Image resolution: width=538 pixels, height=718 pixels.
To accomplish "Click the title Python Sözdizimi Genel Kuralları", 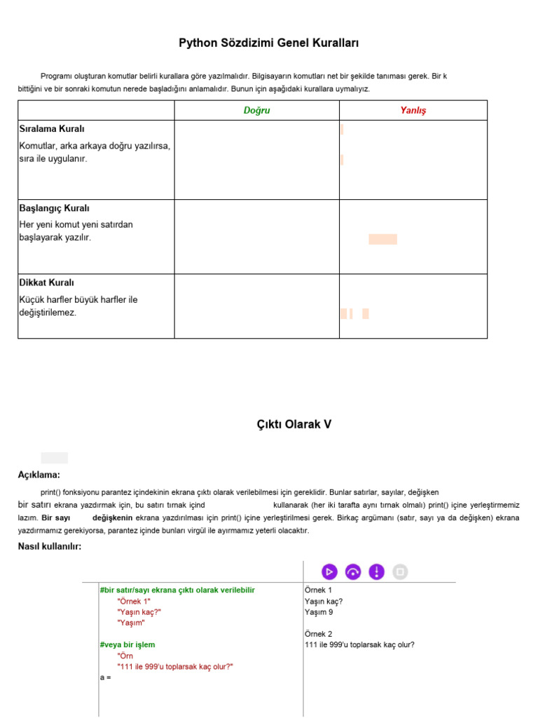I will (x=269, y=43).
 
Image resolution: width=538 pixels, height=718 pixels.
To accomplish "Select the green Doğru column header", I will (x=256, y=111).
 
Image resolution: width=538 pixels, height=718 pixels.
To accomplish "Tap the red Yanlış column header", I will (x=413, y=111).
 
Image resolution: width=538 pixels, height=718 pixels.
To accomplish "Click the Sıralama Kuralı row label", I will (x=52, y=129).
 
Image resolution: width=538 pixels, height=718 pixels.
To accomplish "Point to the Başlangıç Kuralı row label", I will (x=54, y=208).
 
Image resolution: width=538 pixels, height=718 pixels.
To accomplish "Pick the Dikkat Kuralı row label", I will (x=46, y=283).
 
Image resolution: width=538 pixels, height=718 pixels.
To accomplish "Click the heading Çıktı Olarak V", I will (x=293, y=424).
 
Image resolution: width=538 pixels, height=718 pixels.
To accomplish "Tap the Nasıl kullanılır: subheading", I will (x=50, y=547).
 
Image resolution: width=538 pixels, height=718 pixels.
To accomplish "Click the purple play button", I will (x=330, y=571).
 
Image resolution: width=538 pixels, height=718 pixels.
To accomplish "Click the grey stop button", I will (x=400, y=571).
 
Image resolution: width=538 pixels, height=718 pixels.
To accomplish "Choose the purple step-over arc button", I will (x=354, y=571).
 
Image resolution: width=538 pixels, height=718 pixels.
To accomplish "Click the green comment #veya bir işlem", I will (x=127, y=644).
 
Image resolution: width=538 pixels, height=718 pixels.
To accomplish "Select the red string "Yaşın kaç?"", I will (x=139, y=612).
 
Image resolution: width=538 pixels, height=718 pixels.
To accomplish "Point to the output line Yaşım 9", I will (x=319, y=612).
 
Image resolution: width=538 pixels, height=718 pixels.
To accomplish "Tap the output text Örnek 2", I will (x=318, y=634).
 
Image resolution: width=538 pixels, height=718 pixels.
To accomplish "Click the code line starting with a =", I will (x=106, y=678).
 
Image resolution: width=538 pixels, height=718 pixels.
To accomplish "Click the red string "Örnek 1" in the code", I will (x=134, y=601).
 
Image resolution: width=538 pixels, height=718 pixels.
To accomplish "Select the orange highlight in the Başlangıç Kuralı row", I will (x=382, y=239).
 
